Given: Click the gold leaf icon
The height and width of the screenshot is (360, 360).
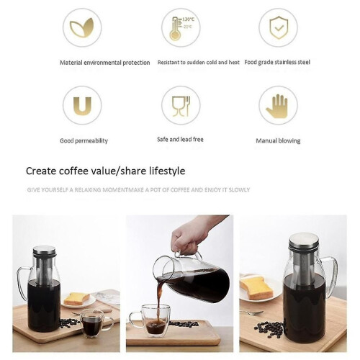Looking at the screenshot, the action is [81, 27].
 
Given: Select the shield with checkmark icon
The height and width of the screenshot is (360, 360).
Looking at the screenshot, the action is [278, 27].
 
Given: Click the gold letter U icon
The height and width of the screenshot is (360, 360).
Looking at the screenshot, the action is [82, 106].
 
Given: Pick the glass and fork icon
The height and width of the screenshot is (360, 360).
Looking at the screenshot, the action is [181, 107].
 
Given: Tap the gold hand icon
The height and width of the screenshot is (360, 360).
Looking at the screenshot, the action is [278, 106].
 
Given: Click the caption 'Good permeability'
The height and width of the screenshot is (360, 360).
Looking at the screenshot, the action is [84, 140].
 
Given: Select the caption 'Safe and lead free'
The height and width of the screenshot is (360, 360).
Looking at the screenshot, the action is [180, 140].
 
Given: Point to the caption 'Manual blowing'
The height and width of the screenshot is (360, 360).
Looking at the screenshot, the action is [278, 140].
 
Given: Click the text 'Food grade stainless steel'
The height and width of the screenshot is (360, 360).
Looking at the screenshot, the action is [277, 62].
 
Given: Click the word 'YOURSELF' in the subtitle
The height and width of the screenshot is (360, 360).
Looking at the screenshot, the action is [54, 190].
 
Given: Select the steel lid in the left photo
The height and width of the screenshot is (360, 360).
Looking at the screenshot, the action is [44, 251].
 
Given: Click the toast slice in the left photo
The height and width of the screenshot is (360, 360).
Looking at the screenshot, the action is [76, 299].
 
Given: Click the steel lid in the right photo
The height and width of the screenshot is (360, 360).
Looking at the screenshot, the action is [304, 240].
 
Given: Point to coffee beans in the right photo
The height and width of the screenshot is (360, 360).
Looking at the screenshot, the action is [270, 328].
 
